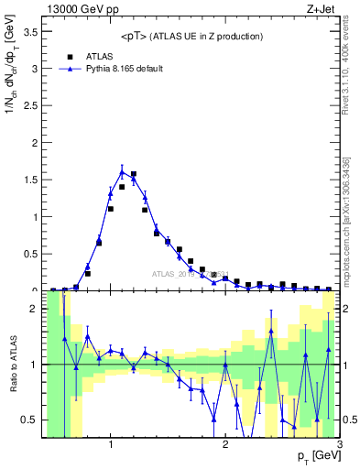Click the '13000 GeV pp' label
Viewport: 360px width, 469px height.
click(x=80, y=9)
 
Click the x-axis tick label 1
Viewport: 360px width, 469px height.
click(x=111, y=445)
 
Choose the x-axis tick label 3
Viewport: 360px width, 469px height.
click(x=339, y=445)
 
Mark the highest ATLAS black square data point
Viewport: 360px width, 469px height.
click(x=134, y=174)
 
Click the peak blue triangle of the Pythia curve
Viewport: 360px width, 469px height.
click(x=122, y=171)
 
